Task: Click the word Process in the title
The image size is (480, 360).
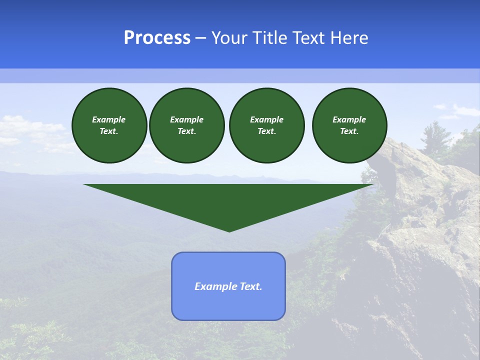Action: (x=157, y=38)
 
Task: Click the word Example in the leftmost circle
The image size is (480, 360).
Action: (x=109, y=119)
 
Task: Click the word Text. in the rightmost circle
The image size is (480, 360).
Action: (x=349, y=131)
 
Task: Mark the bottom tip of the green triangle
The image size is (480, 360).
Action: (x=229, y=231)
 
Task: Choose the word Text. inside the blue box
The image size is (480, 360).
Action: (x=251, y=286)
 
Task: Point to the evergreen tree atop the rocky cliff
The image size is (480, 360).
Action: (x=430, y=135)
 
